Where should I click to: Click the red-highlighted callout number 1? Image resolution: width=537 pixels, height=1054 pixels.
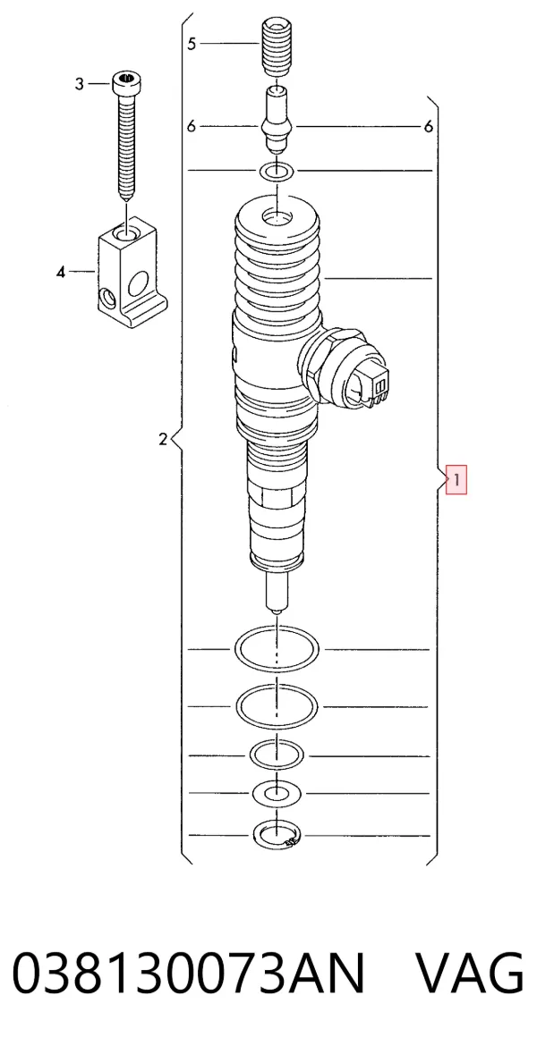(456, 481)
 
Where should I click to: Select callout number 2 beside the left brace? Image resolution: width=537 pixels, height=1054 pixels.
(162, 441)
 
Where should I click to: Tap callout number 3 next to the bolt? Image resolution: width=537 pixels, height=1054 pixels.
(80, 84)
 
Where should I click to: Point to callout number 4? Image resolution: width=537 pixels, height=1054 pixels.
(61, 272)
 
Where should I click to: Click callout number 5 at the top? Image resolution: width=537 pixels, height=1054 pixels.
(192, 44)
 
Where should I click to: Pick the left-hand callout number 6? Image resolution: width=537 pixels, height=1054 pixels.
(192, 126)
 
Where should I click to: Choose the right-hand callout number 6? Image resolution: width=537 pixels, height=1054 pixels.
(429, 126)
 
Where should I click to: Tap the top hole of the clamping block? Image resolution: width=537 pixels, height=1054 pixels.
(126, 234)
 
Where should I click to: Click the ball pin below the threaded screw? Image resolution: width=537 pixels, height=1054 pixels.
(277, 120)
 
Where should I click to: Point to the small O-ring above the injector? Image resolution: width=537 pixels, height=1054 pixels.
(277, 172)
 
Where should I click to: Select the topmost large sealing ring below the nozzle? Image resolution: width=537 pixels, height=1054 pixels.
(277, 649)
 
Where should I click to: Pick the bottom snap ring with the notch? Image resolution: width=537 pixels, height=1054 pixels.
(276, 836)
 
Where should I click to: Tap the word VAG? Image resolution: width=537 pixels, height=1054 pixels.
(469, 974)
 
